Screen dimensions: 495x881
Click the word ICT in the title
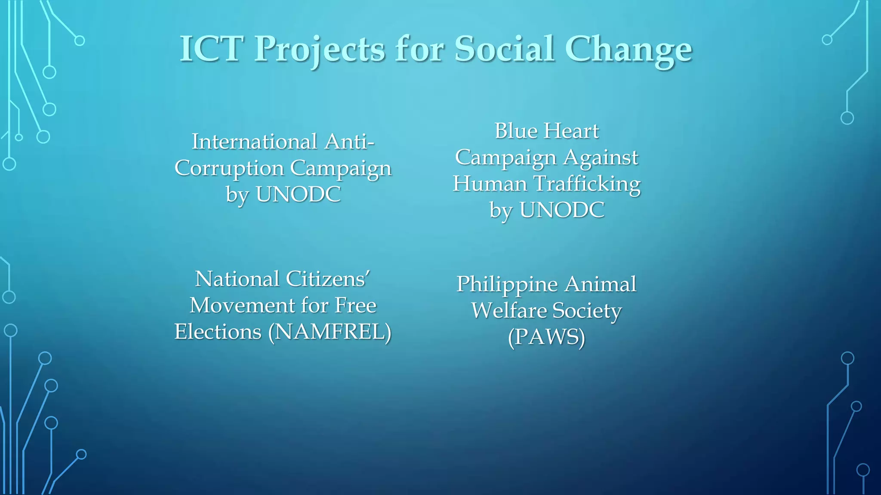209,49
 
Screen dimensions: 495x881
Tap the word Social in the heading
504,49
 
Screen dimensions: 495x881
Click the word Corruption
229,168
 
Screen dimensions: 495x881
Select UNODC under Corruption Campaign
298,194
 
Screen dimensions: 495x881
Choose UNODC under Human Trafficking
562,210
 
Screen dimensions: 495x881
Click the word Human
490,184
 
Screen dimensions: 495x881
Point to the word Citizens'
327,279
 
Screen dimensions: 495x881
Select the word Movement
242,306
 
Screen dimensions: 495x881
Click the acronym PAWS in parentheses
546,337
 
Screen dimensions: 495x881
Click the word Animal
600,284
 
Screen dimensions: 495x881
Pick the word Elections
218,332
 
